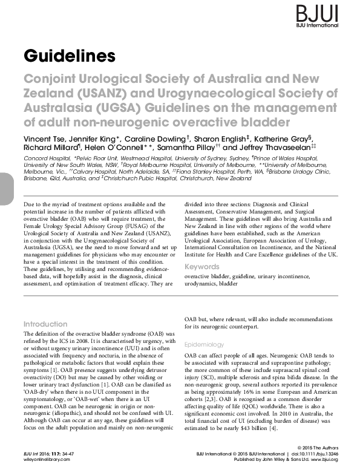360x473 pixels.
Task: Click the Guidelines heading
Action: [x=69, y=56]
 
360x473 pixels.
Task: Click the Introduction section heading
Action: [x=45, y=324]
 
